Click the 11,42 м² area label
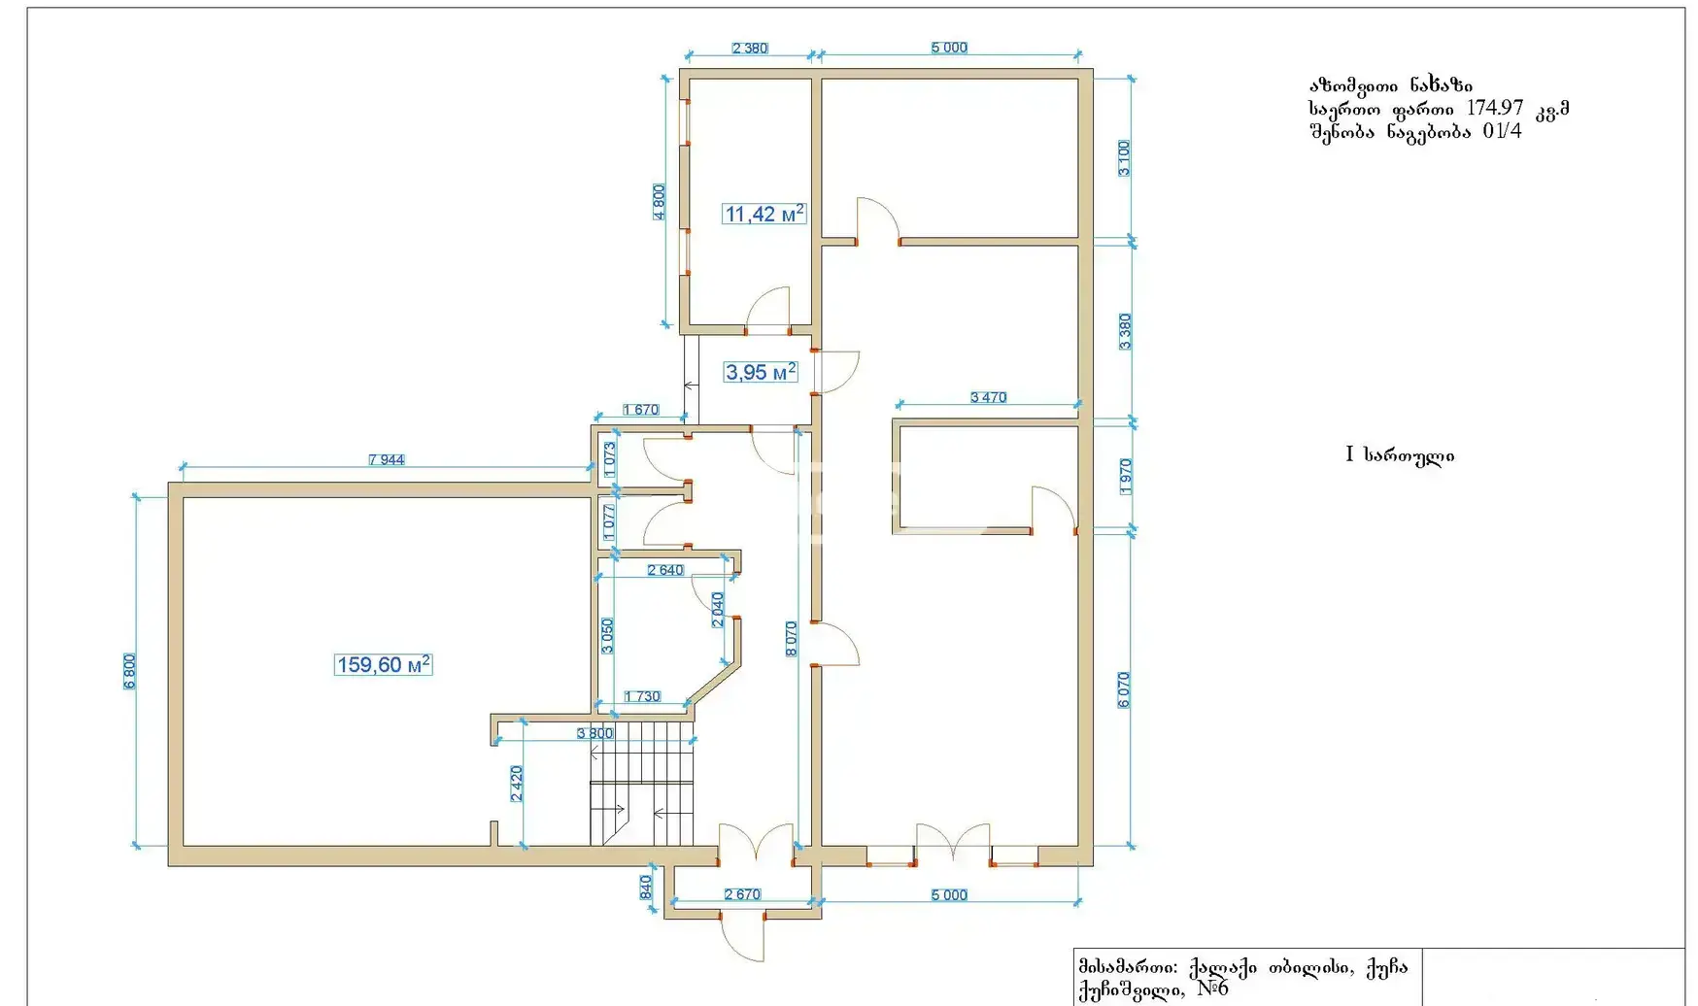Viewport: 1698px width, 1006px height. point(764,214)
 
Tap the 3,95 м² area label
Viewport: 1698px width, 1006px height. point(761,372)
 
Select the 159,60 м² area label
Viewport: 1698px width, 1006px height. point(383,665)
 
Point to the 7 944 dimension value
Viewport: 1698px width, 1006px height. point(387,459)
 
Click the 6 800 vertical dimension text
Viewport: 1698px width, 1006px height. point(130,671)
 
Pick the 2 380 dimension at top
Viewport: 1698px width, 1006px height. point(750,48)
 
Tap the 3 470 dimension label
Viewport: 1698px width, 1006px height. point(989,397)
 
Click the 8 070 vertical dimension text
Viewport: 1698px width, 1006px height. point(792,639)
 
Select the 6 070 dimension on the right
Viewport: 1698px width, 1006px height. point(1124,690)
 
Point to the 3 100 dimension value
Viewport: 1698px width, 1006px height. point(1124,158)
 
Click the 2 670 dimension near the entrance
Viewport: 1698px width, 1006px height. point(742,894)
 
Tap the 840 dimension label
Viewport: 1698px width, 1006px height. point(646,888)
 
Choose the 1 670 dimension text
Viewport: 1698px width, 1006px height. point(641,410)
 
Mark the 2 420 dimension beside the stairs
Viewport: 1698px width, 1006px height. point(517,784)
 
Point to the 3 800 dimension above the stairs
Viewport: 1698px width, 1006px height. point(595,733)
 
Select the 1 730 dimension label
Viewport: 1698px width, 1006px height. point(643,696)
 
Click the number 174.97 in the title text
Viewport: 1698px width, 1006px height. point(1495,108)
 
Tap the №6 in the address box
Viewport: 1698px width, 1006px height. point(1213,989)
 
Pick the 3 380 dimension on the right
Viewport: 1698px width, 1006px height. point(1124,332)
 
